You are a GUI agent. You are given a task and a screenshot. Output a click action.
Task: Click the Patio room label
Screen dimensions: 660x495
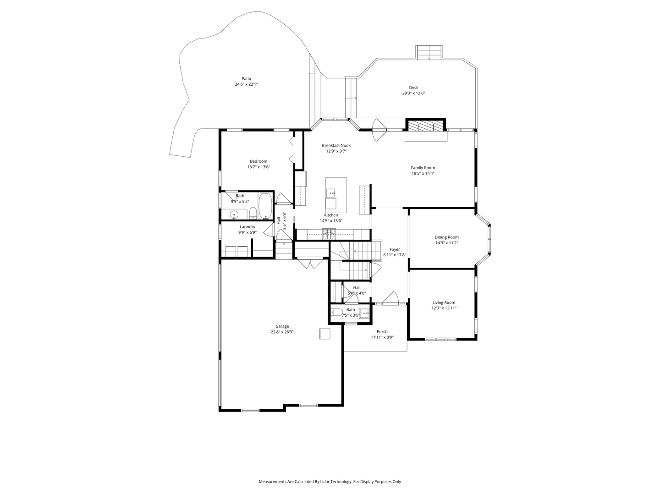(246, 79)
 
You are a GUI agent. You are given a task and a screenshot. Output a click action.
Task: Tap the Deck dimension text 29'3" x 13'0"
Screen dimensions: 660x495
(413, 93)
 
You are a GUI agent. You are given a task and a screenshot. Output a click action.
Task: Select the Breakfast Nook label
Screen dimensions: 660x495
(336, 145)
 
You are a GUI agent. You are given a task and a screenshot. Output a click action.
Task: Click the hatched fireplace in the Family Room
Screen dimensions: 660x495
(425, 126)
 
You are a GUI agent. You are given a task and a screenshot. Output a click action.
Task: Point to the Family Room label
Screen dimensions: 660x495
(423, 168)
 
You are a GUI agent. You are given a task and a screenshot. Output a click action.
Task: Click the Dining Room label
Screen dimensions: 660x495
(446, 237)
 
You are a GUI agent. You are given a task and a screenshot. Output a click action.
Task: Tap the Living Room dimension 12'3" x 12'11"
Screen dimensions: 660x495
(444, 308)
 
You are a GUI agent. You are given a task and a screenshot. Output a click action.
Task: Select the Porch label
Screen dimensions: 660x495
(382, 331)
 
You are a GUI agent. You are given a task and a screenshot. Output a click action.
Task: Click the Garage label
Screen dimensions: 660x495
(282, 326)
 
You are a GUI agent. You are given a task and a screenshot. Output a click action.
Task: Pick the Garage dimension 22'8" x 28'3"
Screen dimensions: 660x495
(282, 332)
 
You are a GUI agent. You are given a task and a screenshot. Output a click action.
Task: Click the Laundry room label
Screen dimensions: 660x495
(247, 227)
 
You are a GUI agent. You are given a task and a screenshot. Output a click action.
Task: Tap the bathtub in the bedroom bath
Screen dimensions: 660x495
(265, 206)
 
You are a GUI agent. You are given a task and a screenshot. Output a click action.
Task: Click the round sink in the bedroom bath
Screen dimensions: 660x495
(234, 215)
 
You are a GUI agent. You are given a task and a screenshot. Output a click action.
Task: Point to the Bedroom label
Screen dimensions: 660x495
(258, 161)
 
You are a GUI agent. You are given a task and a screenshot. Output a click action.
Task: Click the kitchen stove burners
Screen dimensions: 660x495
(329, 234)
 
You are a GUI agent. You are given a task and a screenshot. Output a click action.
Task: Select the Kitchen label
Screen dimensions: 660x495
(331, 215)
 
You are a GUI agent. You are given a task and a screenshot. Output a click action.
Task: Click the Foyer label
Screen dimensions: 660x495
(395, 249)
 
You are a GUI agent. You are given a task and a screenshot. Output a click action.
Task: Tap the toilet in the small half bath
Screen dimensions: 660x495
(337, 312)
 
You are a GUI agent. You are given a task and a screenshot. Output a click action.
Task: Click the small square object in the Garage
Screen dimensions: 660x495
(325, 334)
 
